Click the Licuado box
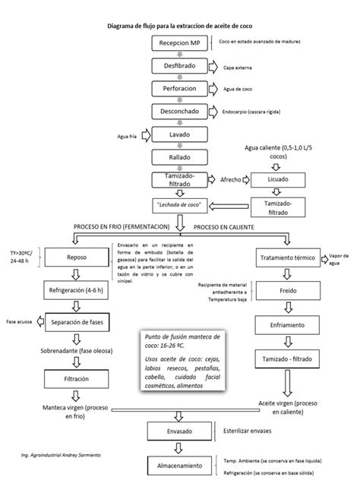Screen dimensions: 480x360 (279, 180)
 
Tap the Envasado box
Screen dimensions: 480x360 (179, 431)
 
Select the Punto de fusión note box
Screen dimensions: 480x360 (179, 361)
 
